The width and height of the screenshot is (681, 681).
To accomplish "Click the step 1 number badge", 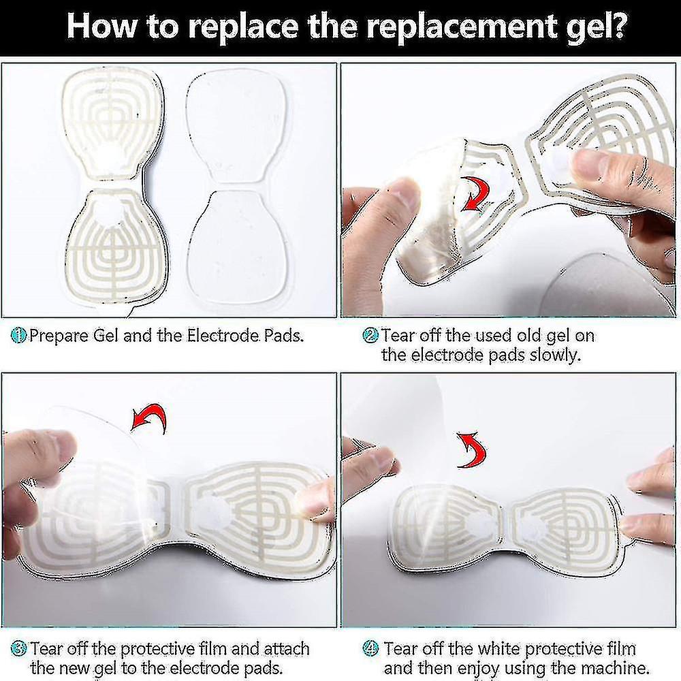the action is [x=18, y=335].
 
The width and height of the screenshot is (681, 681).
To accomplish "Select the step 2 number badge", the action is [x=370, y=335].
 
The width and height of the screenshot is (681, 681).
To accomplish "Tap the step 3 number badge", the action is [x=18, y=649].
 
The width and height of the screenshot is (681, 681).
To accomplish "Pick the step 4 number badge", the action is [x=370, y=649].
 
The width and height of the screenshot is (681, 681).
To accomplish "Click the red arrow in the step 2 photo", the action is [x=475, y=193].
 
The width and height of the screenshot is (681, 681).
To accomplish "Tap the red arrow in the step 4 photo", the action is [x=472, y=450].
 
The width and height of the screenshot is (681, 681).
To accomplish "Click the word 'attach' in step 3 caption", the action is [x=287, y=649].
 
